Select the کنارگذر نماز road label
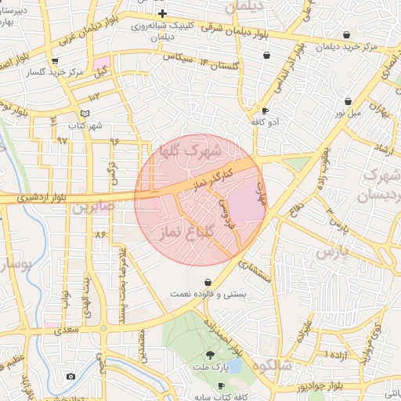[x=205, y=177]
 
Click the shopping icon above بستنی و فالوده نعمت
[x=207, y=282]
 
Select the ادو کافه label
[x=265, y=123]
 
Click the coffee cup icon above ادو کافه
[x=265, y=111]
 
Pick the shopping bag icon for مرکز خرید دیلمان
[x=347, y=35]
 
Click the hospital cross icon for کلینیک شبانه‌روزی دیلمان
[x=162, y=14]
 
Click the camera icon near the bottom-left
[x=70, y=376]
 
